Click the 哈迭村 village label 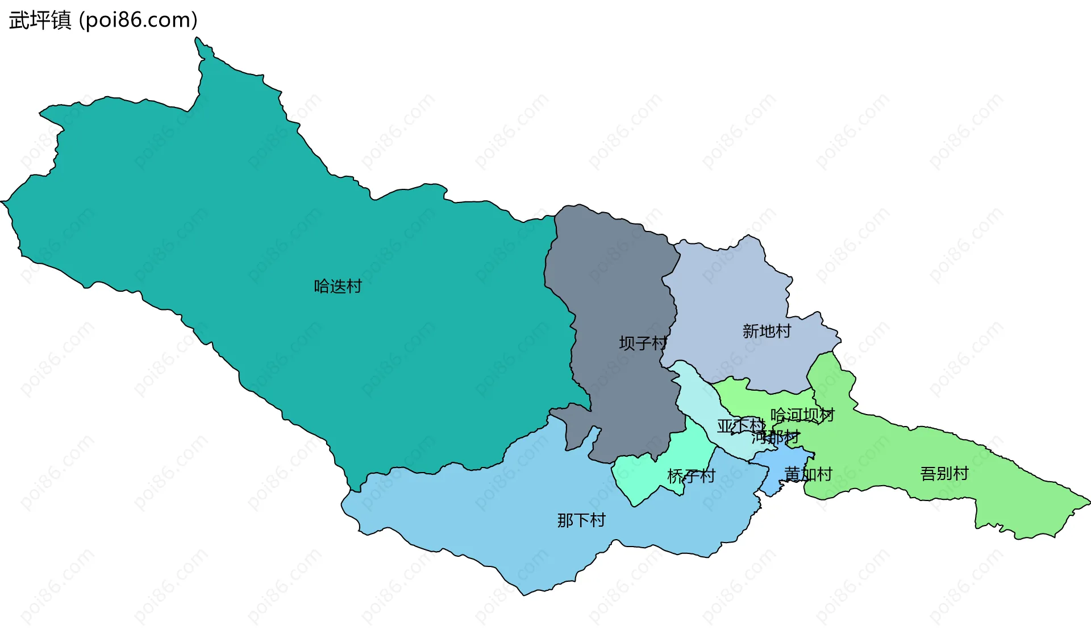338,286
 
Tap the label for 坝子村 643,343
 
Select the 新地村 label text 767,331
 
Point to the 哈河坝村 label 802,415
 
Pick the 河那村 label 775,437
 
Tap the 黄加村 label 808,474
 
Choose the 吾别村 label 944,473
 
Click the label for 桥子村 691,475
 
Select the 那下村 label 581,520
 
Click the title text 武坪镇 40,20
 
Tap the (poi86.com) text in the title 138,20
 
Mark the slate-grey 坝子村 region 614,284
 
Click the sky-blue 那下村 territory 511,512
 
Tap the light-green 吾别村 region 1011,489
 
